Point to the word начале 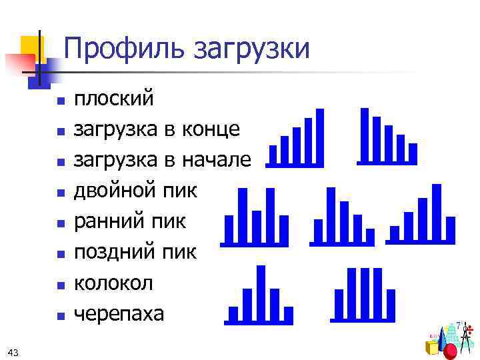coord(219,159)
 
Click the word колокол coord(113,283)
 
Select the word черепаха coord(119,313)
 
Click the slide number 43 coord(13,351)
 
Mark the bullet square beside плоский coord(61,102)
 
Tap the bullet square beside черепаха coord(61,315)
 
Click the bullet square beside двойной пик coord(61,193)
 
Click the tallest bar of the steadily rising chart coord(319,136)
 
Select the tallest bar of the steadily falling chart coord(364,135)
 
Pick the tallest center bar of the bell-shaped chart coord(261,293)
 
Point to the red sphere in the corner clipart coord(451,351)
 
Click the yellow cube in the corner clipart coord(433,347)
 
